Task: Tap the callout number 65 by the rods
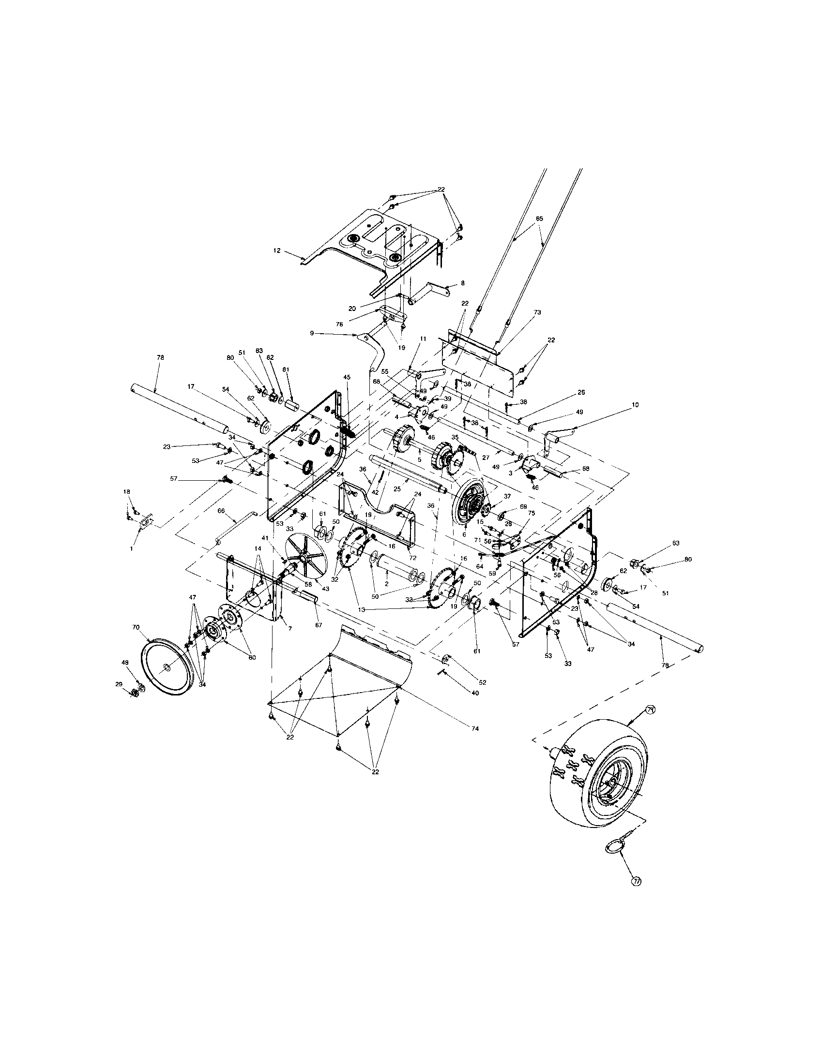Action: point(539,219)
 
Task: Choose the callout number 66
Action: point(221,511)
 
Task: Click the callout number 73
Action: point(537,312)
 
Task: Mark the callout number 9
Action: point(312,333)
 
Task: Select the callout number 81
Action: point(286,369)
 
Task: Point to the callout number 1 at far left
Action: point(131,547)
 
